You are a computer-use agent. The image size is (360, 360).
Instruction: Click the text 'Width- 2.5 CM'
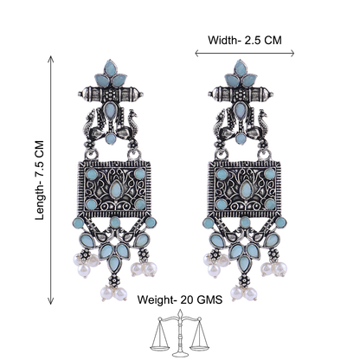click(245, 40)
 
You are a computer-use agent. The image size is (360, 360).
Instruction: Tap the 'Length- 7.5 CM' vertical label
click(40, 180)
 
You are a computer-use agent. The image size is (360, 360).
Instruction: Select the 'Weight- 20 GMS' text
click(180, 299)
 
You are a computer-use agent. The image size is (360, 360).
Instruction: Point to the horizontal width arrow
click(245, 53)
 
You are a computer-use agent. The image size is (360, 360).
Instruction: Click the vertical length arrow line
click(51, 180)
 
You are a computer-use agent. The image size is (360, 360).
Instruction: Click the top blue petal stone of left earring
click(110, 67)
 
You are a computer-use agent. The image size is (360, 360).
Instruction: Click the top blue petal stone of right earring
click(240, 67)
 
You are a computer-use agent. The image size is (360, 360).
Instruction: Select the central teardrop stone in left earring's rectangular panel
click(116, 189)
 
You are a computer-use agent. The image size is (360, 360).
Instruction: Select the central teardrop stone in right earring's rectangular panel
click(246, 189)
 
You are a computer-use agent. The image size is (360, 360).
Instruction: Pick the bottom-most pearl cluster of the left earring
click(113, 292)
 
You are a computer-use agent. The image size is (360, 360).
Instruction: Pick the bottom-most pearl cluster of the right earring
click(243, 292)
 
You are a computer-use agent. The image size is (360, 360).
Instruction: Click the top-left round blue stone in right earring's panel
click(222, 174)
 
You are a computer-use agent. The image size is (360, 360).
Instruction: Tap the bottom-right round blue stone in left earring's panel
click(140, 204)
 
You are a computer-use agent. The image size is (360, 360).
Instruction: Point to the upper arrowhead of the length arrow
click(51, 59)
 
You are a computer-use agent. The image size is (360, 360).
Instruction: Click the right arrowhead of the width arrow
click(292, 53)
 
